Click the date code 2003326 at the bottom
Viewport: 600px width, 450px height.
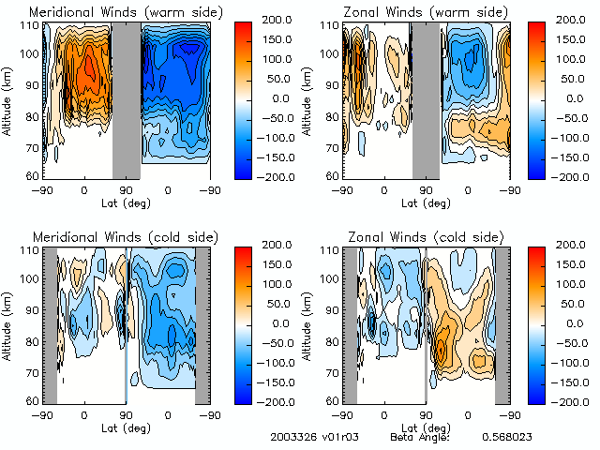click(291, 437)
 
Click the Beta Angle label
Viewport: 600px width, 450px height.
click(420, 437)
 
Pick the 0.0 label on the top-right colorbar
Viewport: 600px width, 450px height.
click(573, 97)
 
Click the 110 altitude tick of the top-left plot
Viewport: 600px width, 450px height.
click(30, 24)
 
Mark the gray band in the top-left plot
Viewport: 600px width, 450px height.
click(126, 100)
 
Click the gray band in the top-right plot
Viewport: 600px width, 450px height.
click(426, 100)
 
